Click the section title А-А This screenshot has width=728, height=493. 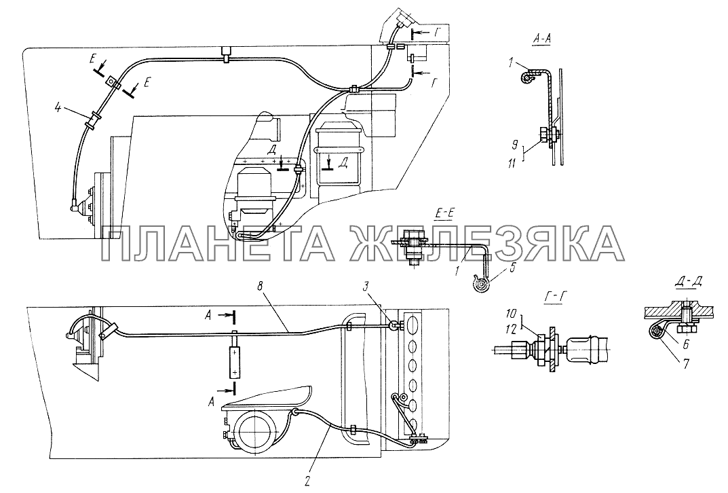pyautogui.click(x=541, y=41)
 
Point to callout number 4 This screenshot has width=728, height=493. pyautogui.click(x=58, y=108)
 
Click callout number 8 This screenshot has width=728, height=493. pyautogui.click(x=260, y=287)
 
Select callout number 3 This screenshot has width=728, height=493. pyautogui.click(x=366, y=287)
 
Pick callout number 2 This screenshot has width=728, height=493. pyautogui.click(x=307, y=482)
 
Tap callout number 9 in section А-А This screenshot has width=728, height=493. pyautogui.click(x=515, y=145)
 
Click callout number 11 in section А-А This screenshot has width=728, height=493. pyautogui.click(x=512, y=164)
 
